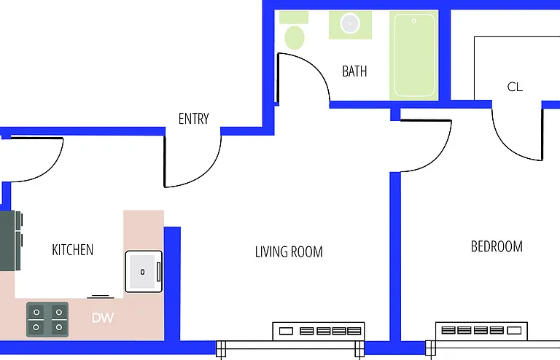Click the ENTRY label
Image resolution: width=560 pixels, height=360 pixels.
(193, 119)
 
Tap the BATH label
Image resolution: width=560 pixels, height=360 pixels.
(354, 71)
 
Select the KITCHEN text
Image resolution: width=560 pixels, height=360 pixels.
(72, 250)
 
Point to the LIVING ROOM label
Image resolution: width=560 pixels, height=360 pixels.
(289, 252)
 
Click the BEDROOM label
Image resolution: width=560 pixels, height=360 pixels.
(497, 246)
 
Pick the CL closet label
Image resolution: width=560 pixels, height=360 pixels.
(515, 87)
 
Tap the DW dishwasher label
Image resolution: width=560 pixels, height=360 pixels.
(103, 318)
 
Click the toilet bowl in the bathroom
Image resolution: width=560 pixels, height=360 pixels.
(295, 37)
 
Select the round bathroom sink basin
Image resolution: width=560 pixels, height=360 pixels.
(350, 23)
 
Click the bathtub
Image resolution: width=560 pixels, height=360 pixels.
(414, 55)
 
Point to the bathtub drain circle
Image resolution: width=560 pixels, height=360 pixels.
(414, 21)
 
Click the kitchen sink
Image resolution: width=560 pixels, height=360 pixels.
(144, 272)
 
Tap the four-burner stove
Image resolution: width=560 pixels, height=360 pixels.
(47, 320)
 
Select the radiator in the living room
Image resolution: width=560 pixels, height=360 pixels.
(319, 332)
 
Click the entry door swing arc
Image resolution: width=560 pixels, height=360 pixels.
(206, 171)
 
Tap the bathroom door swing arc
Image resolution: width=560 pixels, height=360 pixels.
(314, 66)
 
